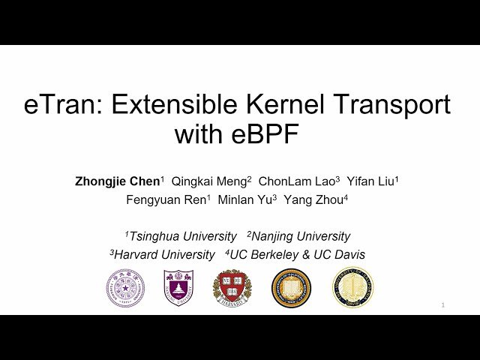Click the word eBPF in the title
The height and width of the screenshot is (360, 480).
267,135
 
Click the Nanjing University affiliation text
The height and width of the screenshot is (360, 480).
299,236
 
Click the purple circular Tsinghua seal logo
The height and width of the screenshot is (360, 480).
125,288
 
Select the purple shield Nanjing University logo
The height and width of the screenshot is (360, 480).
178,288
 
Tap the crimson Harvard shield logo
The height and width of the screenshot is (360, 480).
232,288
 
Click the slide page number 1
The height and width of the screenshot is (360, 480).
443,305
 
